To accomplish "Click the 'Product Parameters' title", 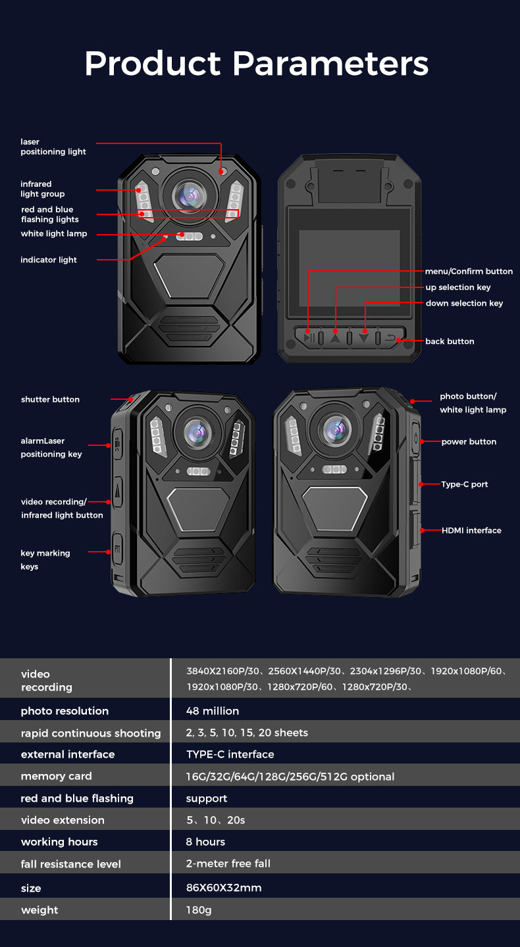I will click(257, 64).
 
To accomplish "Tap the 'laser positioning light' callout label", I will click(53, 147).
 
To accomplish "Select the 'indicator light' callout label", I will click(49, 260).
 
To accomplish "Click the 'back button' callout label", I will click(450, 341).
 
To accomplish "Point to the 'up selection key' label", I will click(458, 287).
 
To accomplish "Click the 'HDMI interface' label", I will click(471, 530).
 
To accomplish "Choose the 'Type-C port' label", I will click(465, 484).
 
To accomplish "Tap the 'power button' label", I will click(469, 441).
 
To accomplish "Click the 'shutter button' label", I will click(50, 399).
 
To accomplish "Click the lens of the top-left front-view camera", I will click(190, 195).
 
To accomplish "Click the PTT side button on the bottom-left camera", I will click(117, 548).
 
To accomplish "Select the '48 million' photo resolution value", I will click(213, 711).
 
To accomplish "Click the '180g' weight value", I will click(199, 910).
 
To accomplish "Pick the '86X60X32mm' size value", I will click(224, 888).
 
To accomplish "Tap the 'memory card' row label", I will click(57, 776).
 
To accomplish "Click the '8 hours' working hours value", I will click(205, 842).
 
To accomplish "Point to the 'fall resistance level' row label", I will click(71, 864).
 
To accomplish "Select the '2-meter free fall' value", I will click(228, 863).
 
